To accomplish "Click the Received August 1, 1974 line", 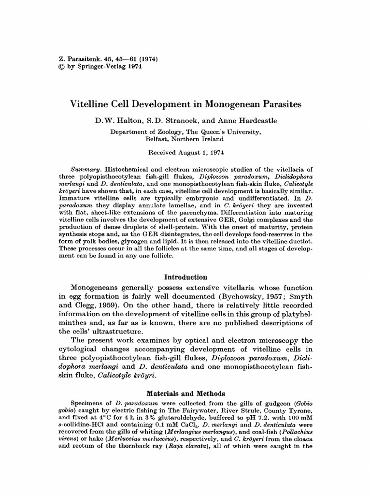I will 185,151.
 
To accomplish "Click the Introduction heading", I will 185,277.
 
